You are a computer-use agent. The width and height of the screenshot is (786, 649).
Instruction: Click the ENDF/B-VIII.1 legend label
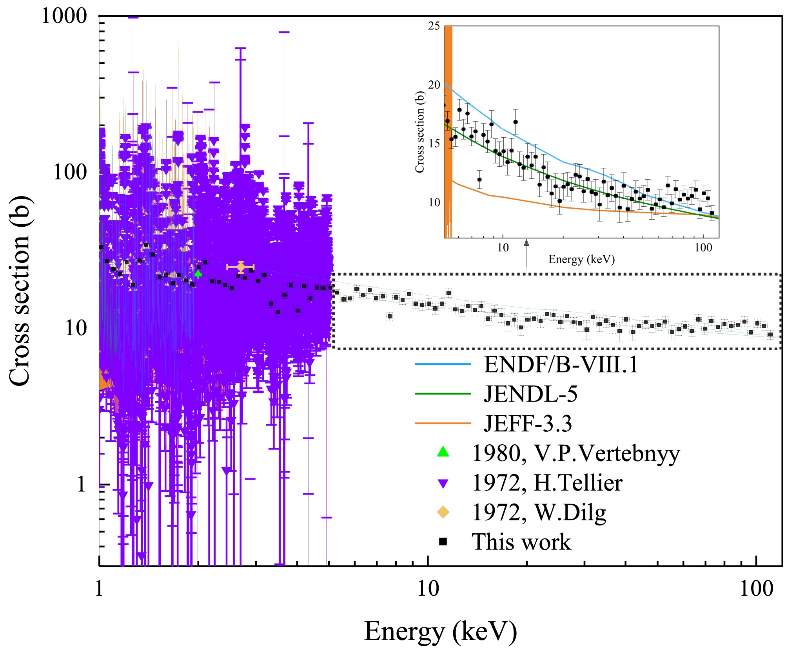(x=561, y=364)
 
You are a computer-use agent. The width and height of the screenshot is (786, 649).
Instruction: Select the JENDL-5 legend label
(x=530, y=394)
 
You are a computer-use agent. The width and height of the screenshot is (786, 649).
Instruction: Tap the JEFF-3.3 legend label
(x=528, y=424)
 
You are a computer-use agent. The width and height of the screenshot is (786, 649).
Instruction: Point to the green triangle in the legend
(x=443, y=452)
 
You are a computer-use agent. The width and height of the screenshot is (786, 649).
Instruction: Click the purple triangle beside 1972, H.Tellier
(x=443, y=483)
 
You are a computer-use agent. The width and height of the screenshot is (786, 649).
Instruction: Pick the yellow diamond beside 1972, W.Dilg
(x=443, y=512)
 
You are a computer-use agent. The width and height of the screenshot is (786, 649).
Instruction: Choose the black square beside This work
(x=443, y=542)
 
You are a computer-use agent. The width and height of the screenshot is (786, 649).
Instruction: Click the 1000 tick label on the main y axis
(x=64, y=16)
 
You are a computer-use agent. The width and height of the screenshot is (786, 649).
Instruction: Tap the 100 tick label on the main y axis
(x=70, y=172)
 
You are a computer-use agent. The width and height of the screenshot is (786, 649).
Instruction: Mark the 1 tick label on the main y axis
(x=81, y=485)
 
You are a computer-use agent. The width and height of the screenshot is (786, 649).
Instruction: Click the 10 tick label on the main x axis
(x=428, y=589)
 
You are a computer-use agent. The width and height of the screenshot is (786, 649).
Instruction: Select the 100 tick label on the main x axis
(x=756, y=589)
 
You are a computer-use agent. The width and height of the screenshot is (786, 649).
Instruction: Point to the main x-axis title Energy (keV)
(x=441, y=631)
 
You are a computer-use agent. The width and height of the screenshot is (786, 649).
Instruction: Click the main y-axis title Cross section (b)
(x=20, y=290)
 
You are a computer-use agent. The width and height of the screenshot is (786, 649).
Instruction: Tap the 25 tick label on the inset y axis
(x=434, y=26)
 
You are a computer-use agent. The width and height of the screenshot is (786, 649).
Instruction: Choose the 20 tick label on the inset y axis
(x=434, y=85)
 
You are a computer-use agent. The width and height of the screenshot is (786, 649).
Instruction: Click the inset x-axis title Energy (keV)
(x=581, y=259)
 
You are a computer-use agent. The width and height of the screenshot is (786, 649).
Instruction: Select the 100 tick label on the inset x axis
(x=703, y=248)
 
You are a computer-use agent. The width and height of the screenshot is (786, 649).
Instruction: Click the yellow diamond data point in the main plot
(x=241, y=267)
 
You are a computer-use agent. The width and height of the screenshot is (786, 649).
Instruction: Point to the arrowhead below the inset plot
(x=526, y=243)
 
